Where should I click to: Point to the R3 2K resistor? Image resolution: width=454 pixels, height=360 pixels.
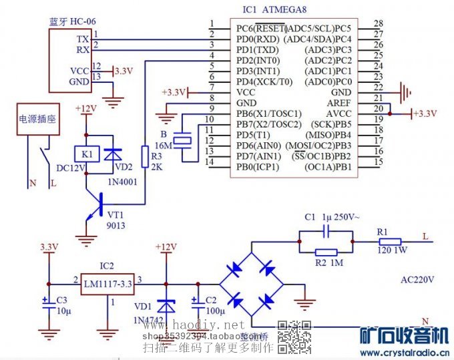[144, 155]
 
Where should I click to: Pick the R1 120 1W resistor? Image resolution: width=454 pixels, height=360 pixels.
[391, 242]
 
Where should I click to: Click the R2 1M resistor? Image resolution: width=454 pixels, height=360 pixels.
[326, 252]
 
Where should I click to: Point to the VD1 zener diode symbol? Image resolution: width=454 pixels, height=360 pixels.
[164, 304]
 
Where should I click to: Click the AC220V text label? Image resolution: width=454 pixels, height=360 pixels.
[417, 279]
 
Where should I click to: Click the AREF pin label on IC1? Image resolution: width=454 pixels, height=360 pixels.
[338, 103]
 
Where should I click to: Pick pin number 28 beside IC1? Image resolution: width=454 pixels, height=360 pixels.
[378, 24]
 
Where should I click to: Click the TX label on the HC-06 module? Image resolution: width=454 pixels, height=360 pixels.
[83, 39]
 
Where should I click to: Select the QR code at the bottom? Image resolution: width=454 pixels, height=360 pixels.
[294, 337]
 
